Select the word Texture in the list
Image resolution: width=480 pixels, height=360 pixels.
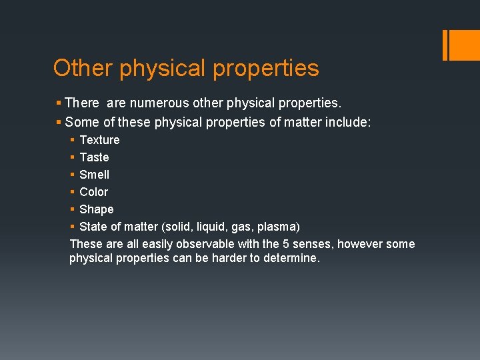(99, 140)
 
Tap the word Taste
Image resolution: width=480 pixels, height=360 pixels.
(94, 157)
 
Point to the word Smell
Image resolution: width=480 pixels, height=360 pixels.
(94, 175)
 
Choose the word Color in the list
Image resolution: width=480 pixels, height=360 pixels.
(93, 192)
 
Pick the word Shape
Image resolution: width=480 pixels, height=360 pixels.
(97, 209)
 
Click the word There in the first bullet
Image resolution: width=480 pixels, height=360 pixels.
(82, 103)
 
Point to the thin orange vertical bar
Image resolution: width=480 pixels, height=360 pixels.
(445, 45)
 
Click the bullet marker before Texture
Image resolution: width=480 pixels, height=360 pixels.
(72, 140)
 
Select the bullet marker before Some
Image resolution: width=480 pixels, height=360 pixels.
(59, 122)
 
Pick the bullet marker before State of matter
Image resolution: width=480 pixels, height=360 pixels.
(72, 227)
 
